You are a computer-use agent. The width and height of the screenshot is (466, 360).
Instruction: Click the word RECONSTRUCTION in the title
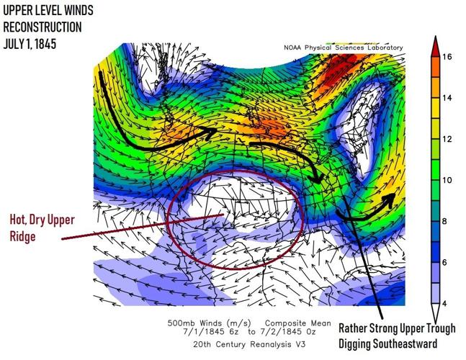(x=42, y=27)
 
